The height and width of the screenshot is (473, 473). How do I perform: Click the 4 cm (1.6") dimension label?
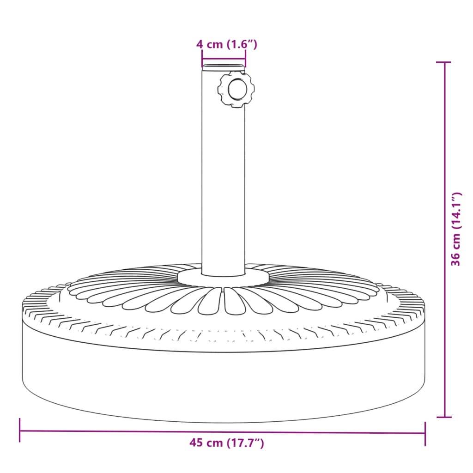(226, 44)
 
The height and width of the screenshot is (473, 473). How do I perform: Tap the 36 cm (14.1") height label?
(456, 229)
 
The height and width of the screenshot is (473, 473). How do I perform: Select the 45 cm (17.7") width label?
(226, 443)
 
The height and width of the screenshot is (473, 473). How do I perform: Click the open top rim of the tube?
(224, 68)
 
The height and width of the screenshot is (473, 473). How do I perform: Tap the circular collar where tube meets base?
(224, 277)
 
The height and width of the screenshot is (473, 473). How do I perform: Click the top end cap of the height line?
(444, 62)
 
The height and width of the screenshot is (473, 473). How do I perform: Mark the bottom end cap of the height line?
(444, 417)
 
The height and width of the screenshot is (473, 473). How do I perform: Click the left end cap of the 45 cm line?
(20, 430)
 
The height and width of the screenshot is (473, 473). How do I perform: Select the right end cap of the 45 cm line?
(425, 433)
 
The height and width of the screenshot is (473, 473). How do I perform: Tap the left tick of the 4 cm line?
(202, 59)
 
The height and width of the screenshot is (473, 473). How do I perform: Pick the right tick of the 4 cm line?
(245, 59)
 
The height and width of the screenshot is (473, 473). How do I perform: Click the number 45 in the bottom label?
(196, 443)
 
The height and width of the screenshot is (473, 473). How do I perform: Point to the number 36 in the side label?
(456, 259)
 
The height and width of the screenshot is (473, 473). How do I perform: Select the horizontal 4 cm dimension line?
(224, 59)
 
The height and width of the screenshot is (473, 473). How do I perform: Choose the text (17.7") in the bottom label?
(245, 443)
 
